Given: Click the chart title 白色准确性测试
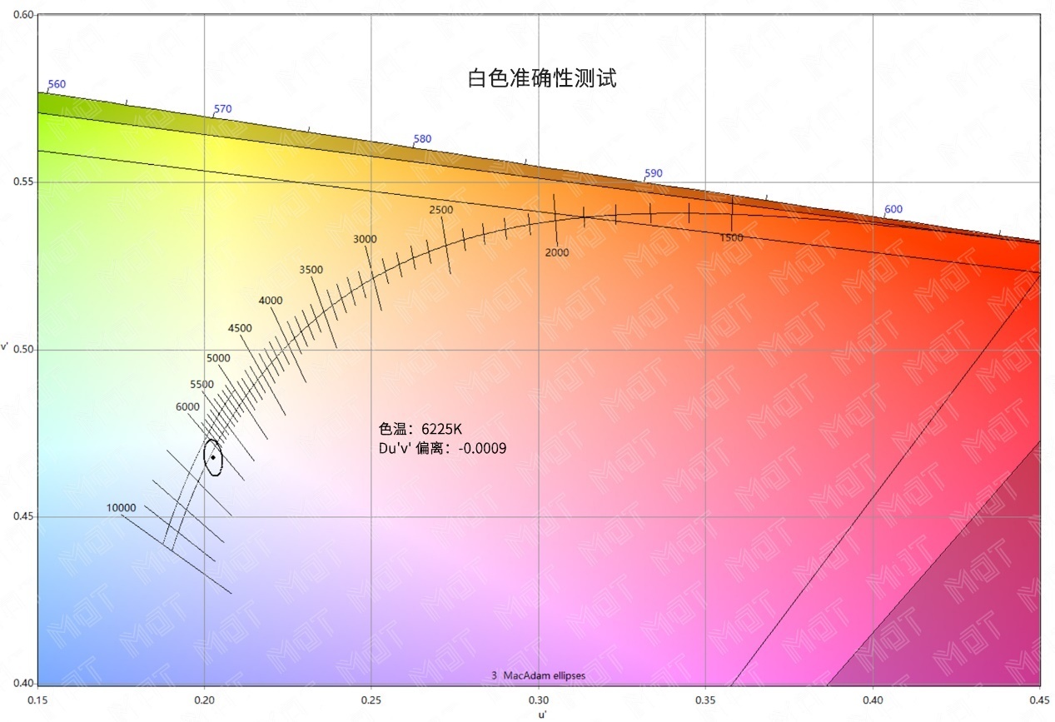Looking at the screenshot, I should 542,79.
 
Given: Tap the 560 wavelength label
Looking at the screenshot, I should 57,84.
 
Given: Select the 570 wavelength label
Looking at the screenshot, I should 222,109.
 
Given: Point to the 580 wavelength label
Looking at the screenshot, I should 422,139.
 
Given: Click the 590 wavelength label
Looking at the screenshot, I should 654,173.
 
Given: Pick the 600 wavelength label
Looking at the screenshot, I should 893,209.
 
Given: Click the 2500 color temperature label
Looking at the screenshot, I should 441,210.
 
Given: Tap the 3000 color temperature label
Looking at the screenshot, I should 365,239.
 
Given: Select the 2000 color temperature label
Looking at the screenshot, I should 557,252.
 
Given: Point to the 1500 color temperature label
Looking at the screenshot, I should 731,238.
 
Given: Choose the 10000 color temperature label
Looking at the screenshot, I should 120,508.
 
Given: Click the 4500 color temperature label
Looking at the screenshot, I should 240,328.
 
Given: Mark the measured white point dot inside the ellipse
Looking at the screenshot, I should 213,457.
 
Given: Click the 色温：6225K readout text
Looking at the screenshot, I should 420,429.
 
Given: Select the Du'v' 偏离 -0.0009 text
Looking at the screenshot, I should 442,448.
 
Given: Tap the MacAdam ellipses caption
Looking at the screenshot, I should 538,676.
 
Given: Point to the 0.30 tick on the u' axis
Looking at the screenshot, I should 539,701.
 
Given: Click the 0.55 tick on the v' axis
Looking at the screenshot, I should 20,182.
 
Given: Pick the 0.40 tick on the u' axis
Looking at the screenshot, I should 873,701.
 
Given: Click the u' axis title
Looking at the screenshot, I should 541,715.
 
